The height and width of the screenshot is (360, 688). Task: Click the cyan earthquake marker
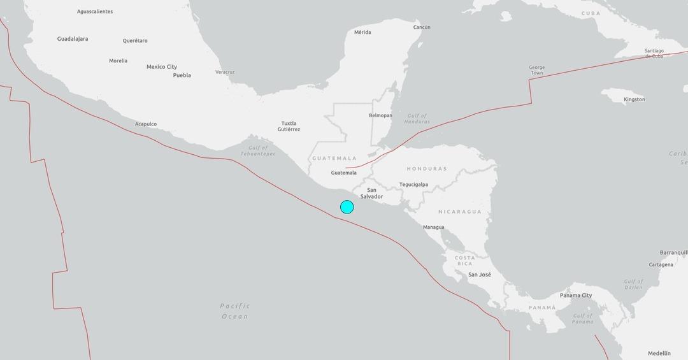click(x=347, y=206)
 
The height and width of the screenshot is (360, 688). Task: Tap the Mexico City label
click(x=162, y=67)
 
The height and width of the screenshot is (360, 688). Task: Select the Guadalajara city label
click(x=73, y=39)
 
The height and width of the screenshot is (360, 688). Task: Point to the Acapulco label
click(x=146, y=124)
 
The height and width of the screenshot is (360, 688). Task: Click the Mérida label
click(x=362, y=32)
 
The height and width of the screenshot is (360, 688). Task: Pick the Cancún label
click(x=422, y=27)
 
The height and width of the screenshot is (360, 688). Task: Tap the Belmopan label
click(x=380, y=115)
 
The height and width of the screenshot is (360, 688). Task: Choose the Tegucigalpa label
click(x=413, y=185)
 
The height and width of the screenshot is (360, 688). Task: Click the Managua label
click(x=434, y=227)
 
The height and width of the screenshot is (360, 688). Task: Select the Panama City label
click(x=576, y=296)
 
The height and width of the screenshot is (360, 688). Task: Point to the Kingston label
click(x=634, y=99)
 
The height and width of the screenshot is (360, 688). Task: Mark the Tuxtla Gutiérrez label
click(x=289, y=126)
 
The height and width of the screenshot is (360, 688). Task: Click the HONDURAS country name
click(x=427, y=169)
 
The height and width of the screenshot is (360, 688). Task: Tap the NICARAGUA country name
click(x=459, y=212)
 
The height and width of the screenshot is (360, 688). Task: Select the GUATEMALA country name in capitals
click(x=334, y=158)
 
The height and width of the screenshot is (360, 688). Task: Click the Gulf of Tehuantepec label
click(x=258, y=151)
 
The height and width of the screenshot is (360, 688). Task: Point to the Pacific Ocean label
click(x=235, y=311)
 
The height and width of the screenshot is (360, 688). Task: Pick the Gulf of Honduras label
click(x=417, y=119)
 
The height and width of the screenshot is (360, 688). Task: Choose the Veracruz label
click(x=225, y=72)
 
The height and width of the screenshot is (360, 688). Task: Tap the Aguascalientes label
click(x=95, y=11)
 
